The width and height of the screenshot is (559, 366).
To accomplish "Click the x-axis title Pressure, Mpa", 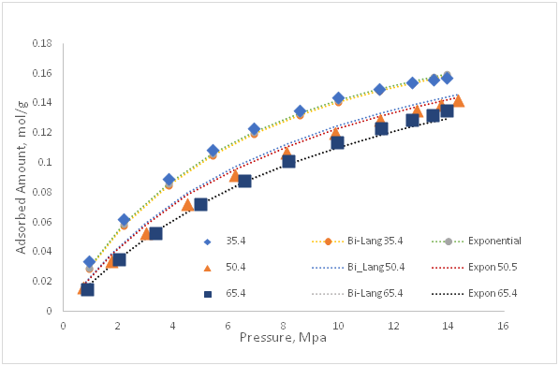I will [x=280, y=336].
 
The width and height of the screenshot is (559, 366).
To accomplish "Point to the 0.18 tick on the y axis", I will [x=40, y=43].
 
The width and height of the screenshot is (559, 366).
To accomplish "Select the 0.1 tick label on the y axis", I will [x=43, y=162].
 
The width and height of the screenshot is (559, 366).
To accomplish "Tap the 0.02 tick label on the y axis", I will [x=40, y=281].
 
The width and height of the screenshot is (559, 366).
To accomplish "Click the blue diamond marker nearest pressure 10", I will [x=338, y=98].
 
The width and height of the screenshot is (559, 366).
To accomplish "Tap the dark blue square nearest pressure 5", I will [x=200, y=204].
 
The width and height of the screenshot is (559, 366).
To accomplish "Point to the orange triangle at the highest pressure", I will [x=458, y=100].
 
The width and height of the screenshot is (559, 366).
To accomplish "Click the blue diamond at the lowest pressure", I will [x=89, y=262].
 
